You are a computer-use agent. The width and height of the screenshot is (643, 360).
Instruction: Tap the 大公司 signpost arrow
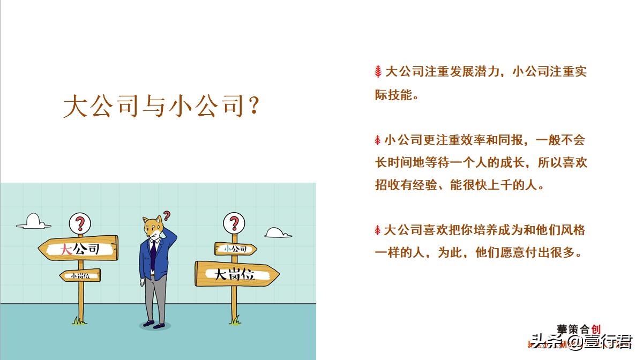pyautogui.click(x=79, y=248)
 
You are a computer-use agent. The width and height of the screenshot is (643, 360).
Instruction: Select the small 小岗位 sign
pyautogui.click(x=80, y=275)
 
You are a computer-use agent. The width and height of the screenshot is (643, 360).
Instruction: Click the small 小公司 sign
pyautogui.click(x=235, y=249)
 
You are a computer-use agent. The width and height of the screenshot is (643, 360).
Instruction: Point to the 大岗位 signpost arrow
pyautogui.click(x=236, y=274)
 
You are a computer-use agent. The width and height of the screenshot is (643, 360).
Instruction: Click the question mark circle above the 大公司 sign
pyautogui.click(x=80, y=222)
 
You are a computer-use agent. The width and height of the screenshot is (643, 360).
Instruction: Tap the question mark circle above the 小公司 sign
pyautogui.click(x=234, y=222)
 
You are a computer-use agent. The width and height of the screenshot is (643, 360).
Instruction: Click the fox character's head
pyautogui.click(x=152, y=228)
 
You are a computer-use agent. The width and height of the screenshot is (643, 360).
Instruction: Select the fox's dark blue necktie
pyautogui.click(x=153, y=256)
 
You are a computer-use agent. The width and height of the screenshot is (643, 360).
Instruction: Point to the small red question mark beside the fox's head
pyautogui.click(x=167, y=216)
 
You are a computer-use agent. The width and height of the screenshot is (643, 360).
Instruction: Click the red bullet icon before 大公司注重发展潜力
pyautogui.click(x=378, y=71)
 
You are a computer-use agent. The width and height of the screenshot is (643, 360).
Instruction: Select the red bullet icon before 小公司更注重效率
pyautogui.click(x=378, y=141)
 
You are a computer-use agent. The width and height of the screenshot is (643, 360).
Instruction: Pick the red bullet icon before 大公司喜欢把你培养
pyautogui.click(x=378, y=231)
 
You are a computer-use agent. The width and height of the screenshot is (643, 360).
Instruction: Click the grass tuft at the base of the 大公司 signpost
pyautogui.click(x=80, y=321)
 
